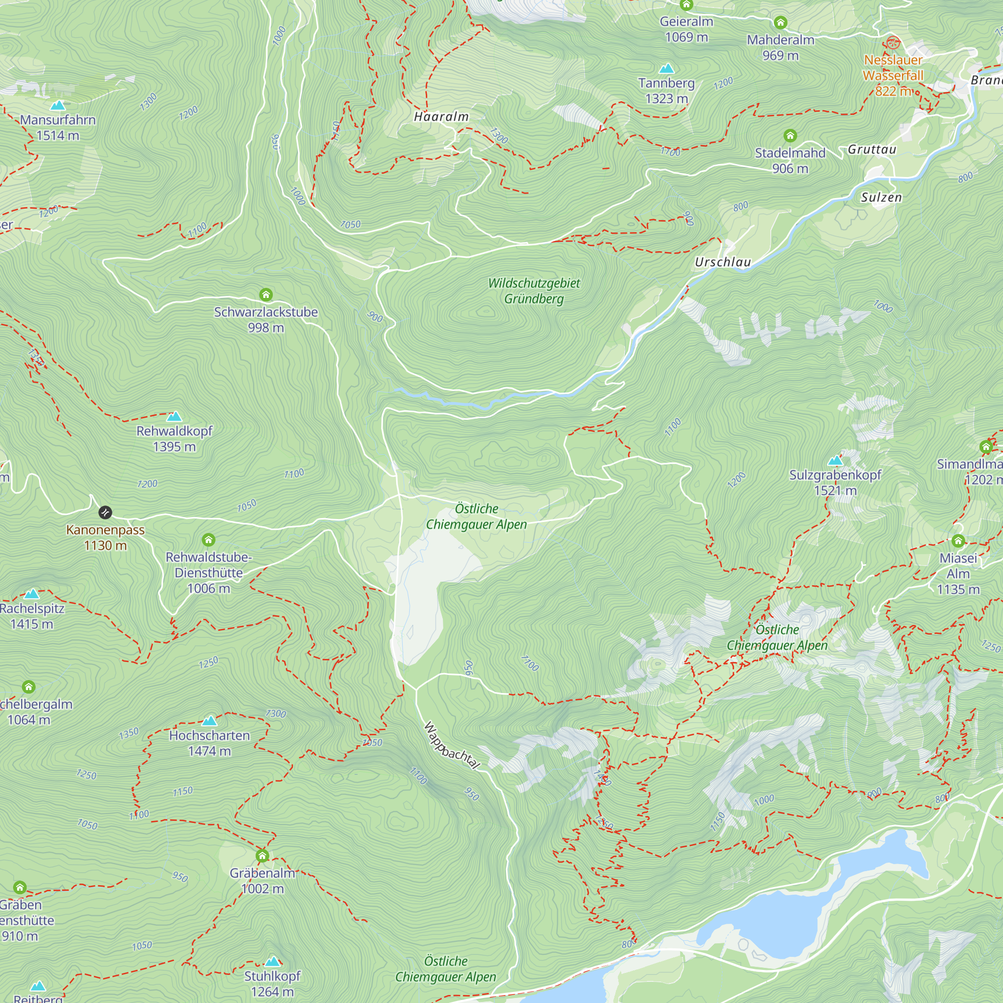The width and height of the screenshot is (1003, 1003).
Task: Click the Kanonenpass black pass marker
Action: pyautogui.click(x=105, y=513)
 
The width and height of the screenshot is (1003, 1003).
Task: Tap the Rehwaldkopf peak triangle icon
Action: pyautogui.click(x=175, y=416)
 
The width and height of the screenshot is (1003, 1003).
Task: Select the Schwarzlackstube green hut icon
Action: pyautogui.click(x=266, y=295)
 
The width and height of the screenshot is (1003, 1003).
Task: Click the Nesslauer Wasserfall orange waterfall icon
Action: pyautogui.click(x=893, y=43)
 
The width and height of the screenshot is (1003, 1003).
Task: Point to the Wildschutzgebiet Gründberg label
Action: pyautogui.click(x=534, y=291)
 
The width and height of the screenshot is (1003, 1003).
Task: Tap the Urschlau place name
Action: pyautogui.click(x=723, y=262)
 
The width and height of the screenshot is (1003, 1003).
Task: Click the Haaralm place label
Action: pyautogui.click(x=441, y=117)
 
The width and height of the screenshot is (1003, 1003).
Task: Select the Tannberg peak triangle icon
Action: pyautogui.click(x=666, y=69)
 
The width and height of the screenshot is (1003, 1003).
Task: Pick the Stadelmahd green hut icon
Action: pyautogui.click(x=790, y=136)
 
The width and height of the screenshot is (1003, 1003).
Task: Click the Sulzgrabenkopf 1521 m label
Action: pyautogui.click(x=835, y=482)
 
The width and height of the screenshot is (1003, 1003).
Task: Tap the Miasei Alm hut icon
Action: pyautogui.click(x=958, y=542)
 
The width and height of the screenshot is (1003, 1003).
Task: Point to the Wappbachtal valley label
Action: pyautogui.click(x=452, y=746)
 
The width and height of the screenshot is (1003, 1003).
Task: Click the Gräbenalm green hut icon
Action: pyautogui.click(x=262, y=856)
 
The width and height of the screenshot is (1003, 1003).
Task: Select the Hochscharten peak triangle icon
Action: pyautogui.click(x=209, y=721)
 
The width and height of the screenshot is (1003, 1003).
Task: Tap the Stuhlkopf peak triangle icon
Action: pyautogui.click(x=272, y=961)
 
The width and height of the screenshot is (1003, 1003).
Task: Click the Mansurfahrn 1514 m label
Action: pyautogui.click(x=58, y=128)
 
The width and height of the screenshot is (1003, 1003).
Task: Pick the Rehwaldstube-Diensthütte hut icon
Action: pyautogui.click(x=209, y=540)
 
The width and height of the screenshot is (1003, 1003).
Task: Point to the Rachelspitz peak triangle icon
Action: pyautogui.click(x=32, y=594)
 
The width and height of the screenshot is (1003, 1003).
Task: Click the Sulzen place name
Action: pyautogui.click(x=881, y=197)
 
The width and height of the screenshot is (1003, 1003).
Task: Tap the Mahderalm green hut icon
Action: pyautogui.click(x=780, y=23)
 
